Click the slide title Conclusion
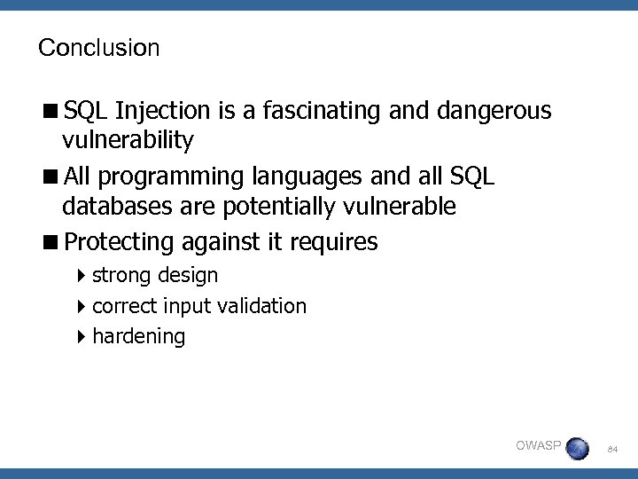coord(98,48)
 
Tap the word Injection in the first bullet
coord(161,111)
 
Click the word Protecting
coord(120,241)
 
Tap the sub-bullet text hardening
coord(138,336)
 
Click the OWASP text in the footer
coord(537,444)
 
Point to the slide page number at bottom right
coord(611,451)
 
